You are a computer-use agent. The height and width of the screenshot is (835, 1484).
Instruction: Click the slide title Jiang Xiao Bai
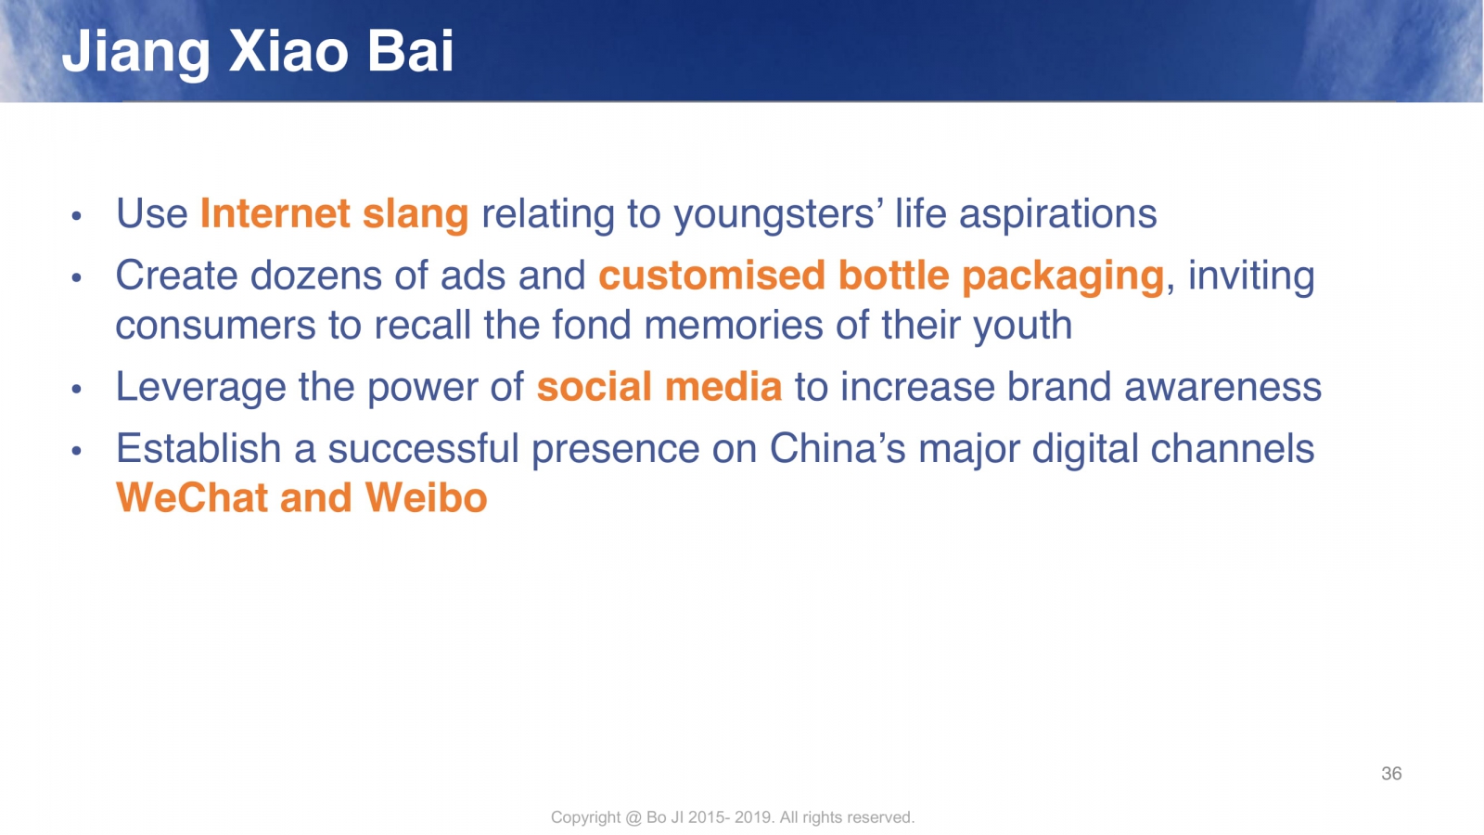[258, 53]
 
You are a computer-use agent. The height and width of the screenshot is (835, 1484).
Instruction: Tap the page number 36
[1391, 774]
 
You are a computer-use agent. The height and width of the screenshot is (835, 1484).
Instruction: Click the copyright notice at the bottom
[733, 817]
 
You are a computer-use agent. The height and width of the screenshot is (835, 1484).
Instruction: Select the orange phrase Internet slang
[335, 213]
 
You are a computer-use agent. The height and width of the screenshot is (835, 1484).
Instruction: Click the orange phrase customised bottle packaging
[881, 276]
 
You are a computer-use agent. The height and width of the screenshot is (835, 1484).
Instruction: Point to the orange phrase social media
[659, 387]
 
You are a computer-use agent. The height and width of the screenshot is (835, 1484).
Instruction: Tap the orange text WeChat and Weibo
[301, 497]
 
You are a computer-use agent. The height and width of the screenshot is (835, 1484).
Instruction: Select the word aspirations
[1058, 214]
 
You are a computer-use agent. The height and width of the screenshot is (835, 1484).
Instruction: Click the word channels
[1233, 449]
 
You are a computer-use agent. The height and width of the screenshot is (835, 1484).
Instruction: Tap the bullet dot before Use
[76, 215]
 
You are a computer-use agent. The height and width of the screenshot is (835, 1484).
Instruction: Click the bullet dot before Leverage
[76, 389]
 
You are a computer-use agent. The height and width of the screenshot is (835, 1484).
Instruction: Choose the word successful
[423, 449]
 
